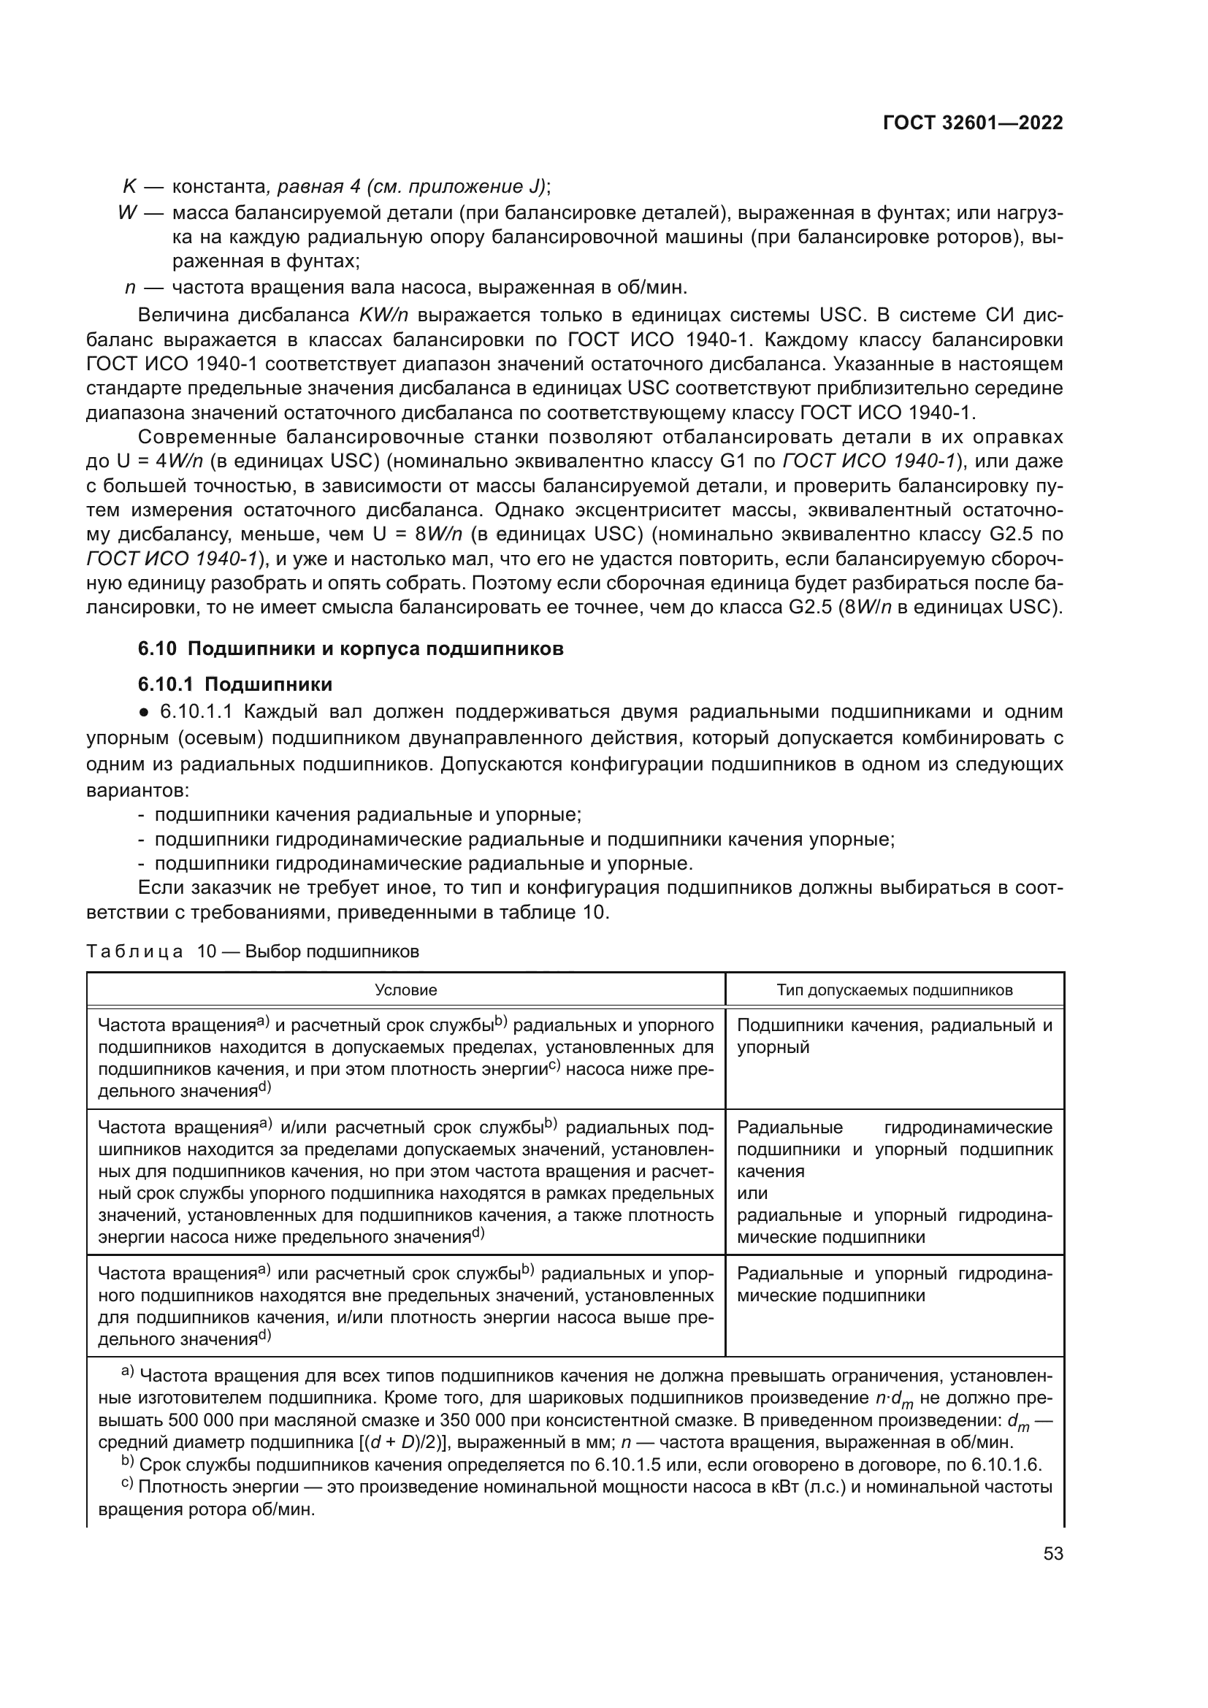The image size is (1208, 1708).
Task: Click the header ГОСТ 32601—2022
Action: [x=972, y=123]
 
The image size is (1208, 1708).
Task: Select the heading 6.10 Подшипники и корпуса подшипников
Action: [x=351, y=648]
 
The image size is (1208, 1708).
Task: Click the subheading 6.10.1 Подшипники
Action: [x=235, y=684]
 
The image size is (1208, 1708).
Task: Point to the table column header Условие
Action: [x=405, y=990]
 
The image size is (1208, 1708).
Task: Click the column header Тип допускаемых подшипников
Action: [x=894, y=990]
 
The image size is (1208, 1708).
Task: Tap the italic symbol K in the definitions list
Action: [x=129, y=186]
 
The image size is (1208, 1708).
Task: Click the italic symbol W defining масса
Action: [x=127, y=212]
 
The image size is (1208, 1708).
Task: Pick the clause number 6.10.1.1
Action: [x=196, y=712]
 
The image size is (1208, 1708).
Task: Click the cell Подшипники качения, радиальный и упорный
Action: [x=894, y=1036]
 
